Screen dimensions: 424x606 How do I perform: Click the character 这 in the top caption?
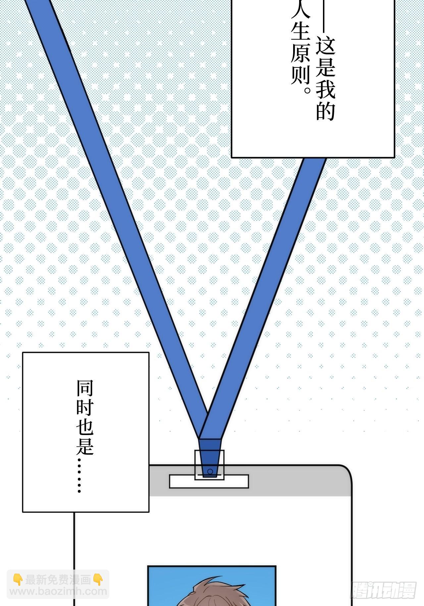coord(325,45)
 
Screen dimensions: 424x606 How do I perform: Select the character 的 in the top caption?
coord(325,110)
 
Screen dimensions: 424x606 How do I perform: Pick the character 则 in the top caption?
coord(300,74)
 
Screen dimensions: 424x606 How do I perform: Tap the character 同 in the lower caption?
coord(85,388)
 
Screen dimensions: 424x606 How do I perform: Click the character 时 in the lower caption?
coord(85,408)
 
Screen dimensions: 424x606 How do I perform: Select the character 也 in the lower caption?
coord(85,427)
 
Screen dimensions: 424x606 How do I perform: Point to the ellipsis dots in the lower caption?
coord(79,475)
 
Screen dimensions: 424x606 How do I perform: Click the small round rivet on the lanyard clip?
coord(210,471)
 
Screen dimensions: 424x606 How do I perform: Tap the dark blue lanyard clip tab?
coord(210,458)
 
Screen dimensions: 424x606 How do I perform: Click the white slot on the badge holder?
coord(209,481)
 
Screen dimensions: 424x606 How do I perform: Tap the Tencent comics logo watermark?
coord(384,590)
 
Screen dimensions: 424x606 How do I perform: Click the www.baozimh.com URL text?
coord(58,591)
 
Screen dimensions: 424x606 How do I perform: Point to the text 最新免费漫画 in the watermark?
coord(58,579)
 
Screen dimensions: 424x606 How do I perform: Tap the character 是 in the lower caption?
coord(85,446)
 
